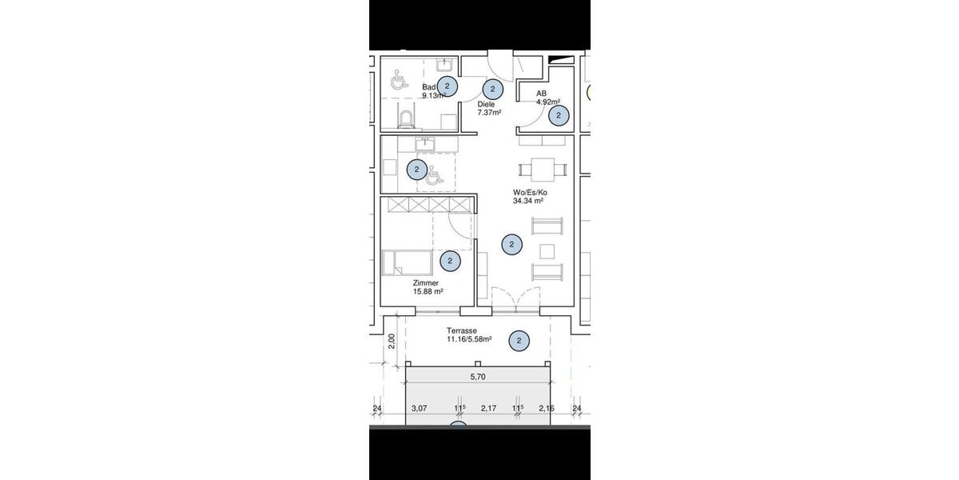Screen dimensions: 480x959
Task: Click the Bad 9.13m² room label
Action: pyautogui.click(x=432, y=91)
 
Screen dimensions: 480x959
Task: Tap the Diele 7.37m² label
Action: pyautogui.click(x=487, y=108)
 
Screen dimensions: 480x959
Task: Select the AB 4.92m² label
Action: pyautogui.click(x=547, y=98)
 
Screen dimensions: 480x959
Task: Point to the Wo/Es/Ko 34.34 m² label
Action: pyautogui.click(x=530, y=197)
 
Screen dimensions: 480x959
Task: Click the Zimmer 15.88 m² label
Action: pyautogui.click(x=428, y=287)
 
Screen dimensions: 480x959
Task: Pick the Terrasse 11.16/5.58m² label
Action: pyautogui.click(x=468, y=335)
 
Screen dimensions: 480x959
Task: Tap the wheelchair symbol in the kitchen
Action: pyautogui.click(x=433, y=174)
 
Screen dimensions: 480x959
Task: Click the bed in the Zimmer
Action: pyautogui.click(x=408, y=262)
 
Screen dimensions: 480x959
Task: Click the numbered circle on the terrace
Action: pyautogui.click(x=519, y=342)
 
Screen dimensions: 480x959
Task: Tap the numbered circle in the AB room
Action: pyautogui.click(x=559, y=116)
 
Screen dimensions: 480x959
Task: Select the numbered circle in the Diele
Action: pyautogui.click(x=493, y=90)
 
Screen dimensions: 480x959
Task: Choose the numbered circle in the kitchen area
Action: pyautogui.click(x=416, y=170)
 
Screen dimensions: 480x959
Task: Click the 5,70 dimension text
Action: pyautogui.click(x=477, y=376)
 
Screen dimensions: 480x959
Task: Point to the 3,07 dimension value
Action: pyautogui.click(x=420, y=409)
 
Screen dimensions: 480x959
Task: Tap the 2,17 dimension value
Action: pyautogui.click(x=488, y=409)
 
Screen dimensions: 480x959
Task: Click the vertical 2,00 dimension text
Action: pyautogui.click(x=391, y=342)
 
